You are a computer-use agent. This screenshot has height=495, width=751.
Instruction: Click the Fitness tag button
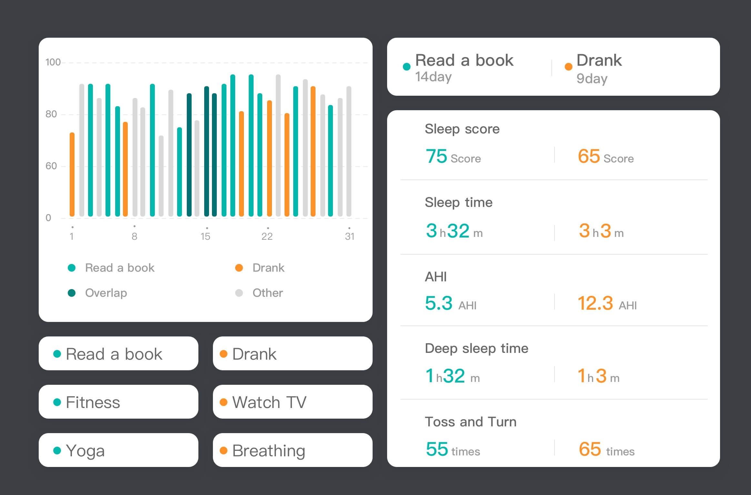(118, 402)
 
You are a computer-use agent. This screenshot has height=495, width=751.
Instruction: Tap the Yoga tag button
(118, 450)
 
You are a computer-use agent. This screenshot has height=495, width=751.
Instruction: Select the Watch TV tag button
(292, 402)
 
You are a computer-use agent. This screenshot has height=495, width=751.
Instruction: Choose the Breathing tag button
(292, 450)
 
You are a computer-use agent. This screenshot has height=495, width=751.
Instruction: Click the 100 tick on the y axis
(53, 62)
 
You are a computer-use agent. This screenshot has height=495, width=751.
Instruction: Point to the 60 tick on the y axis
(51, 166)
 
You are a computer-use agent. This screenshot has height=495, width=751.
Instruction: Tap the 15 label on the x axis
(205, 237)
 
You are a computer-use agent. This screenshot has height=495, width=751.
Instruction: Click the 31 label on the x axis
(350, 237)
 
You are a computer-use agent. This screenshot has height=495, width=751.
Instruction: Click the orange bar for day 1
(72, 174)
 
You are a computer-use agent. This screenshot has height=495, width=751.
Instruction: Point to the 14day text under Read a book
(433, 77)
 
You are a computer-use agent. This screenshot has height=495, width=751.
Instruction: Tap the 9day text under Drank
(592, 79)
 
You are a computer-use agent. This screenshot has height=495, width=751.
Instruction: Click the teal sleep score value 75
(436, 157)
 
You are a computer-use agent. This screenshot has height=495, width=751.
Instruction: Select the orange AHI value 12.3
(595, 303)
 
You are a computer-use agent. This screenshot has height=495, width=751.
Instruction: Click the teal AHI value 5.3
(439, 303)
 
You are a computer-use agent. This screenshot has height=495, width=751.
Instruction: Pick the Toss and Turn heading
(470, 422)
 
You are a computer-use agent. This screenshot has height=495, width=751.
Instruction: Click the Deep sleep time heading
(476, 348)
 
